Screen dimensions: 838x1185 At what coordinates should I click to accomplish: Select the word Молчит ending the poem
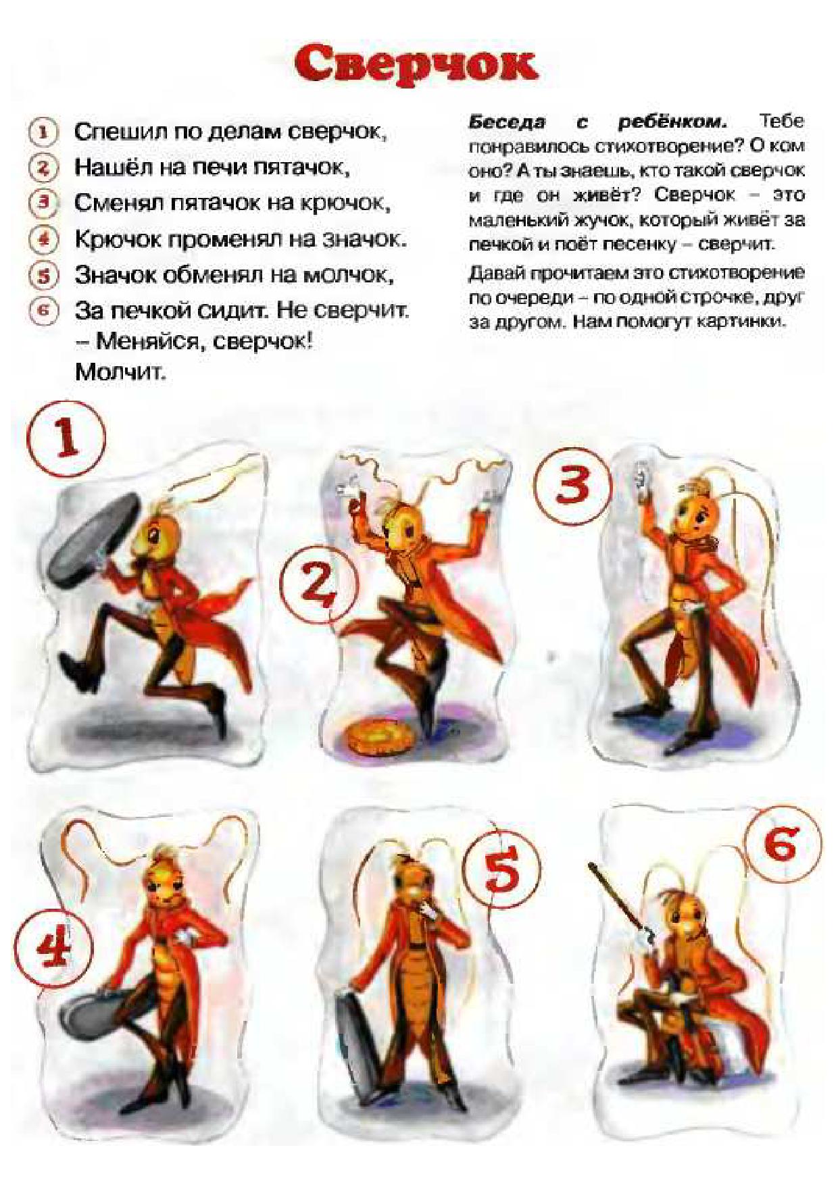pyautogui.click(x=120, y=372)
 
